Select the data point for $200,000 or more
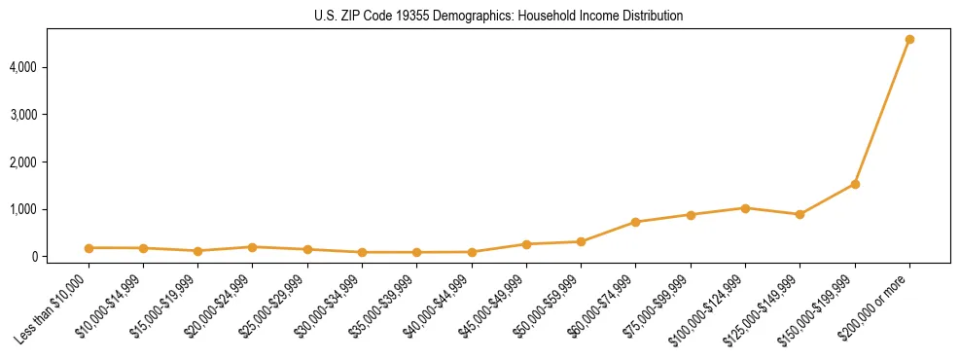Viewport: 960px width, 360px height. [909, 40]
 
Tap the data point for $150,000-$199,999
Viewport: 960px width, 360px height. [855, 184]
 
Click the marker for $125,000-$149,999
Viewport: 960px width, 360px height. [800, 214]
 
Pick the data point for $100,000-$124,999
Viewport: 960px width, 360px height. [745, 208]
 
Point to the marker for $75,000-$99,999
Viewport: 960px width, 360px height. [691, 215]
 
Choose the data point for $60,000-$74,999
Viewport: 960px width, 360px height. [635, 222]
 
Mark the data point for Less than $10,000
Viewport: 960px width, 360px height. [89, 248]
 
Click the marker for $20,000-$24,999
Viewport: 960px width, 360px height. [253, 247]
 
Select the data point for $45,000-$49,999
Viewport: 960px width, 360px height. [526, 244]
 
